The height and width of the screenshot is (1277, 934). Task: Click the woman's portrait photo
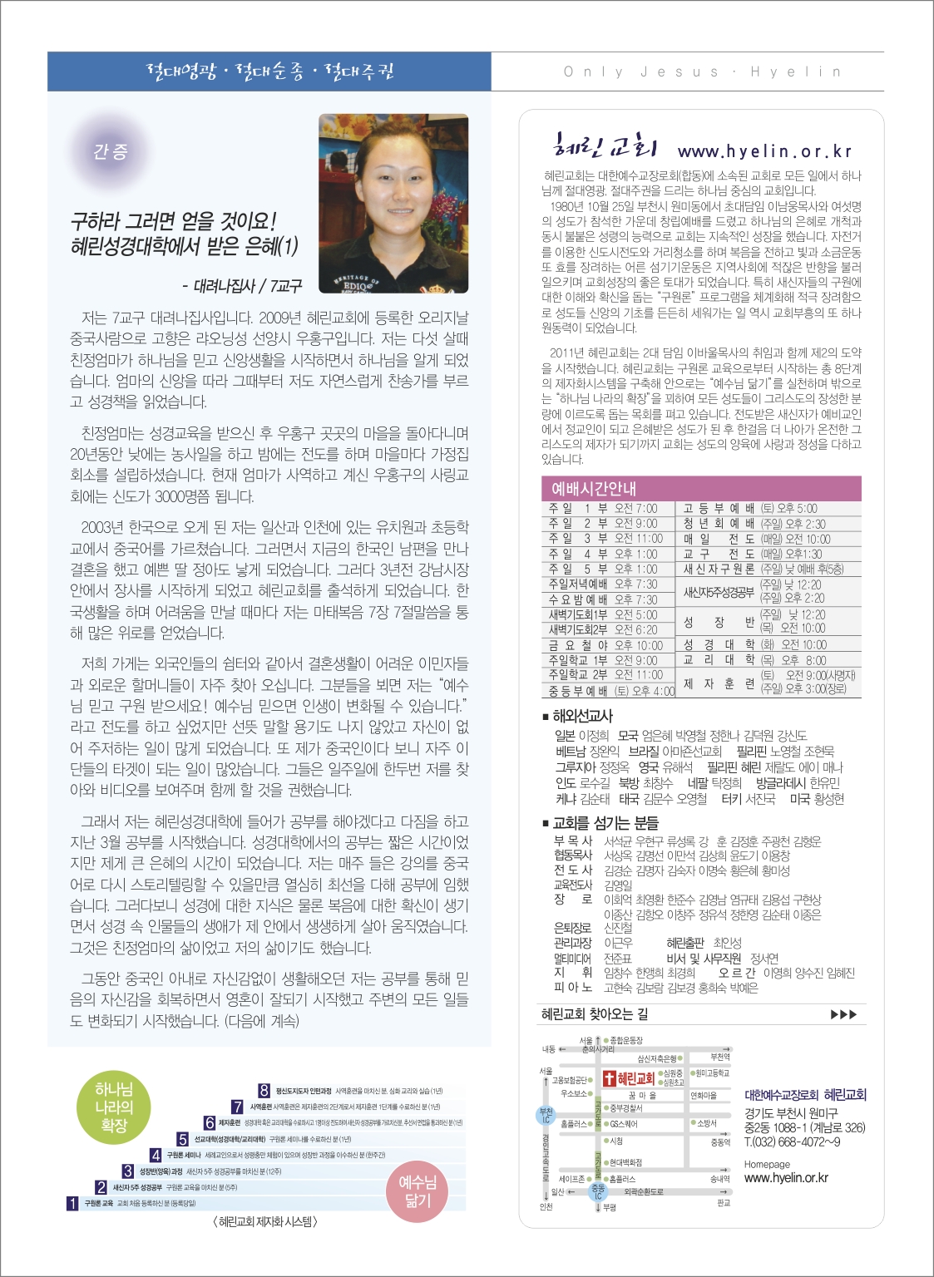(393, 204)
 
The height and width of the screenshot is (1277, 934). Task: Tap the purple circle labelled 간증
(111, 151)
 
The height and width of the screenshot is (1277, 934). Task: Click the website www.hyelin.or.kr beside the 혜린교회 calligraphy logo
(764, 151)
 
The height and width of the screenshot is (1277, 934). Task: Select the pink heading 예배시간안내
(594, 488)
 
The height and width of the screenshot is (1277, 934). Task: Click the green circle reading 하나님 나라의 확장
(114, 1107)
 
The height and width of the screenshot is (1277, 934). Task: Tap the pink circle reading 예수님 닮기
(418, 1191)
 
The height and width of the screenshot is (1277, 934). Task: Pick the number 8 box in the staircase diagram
(264, 1091)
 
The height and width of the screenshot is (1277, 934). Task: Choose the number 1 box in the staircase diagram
(73, 1203)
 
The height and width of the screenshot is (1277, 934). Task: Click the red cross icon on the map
(609, 1078)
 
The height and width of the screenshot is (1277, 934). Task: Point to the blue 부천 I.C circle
(546, 1115)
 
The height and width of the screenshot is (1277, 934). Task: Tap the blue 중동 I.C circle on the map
(598, 1191)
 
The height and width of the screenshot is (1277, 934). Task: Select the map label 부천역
(719, 1057)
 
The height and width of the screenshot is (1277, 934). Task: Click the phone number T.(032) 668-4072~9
(792, 1141)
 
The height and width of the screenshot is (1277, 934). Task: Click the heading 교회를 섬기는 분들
(605, 822)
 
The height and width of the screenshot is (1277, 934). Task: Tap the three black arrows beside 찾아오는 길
(843, 1014)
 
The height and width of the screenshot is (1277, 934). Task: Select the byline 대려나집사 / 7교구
(242, 286)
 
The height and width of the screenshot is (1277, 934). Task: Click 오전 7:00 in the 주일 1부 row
(635, 508)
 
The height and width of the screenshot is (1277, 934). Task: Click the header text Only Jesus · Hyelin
(702, 71)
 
